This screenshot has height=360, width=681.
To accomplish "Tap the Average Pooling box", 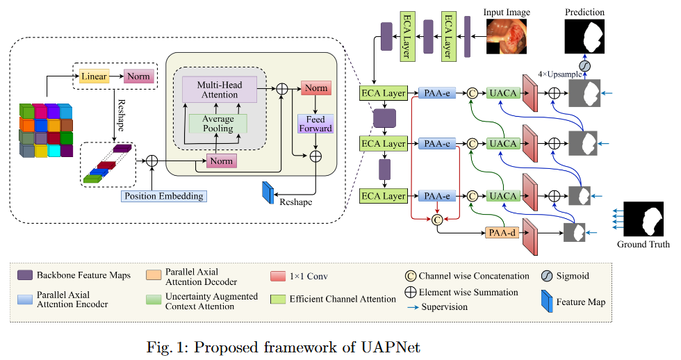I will point(218,123).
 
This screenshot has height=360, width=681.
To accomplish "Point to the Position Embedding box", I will point(164,196).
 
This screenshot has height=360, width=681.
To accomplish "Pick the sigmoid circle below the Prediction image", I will point(584,65).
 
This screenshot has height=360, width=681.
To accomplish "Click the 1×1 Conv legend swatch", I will point(279,276).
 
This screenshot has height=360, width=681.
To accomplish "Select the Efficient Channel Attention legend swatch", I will point(279,300).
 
